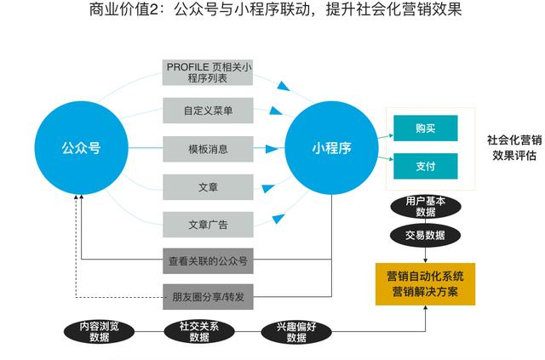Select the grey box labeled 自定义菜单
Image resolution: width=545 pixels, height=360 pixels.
pos(208,111)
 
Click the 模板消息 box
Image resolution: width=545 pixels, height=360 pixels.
pos(208,149)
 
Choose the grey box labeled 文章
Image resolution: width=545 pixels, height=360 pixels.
pos(208,187)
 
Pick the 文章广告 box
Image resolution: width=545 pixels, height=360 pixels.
pos(208,225)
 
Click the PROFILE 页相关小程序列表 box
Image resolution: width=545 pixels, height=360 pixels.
pos(208,73)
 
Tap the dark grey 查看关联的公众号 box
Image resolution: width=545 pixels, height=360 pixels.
pos(208,260)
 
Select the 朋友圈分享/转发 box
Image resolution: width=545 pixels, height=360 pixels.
pos(208,297)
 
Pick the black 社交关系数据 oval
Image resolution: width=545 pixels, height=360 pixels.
pos(199,330)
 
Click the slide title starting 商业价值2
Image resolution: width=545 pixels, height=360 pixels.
pos(272,12)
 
